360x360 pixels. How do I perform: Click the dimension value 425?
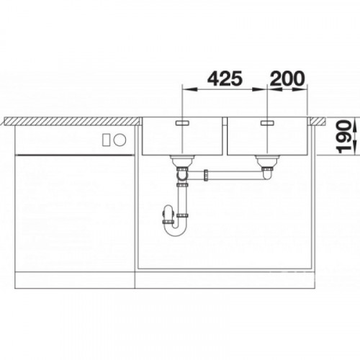[x=225, y=78]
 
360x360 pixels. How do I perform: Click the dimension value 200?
[x=287, y=78]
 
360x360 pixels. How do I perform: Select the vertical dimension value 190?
[x=343, y=136]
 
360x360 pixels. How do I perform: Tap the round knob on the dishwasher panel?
[x=120, y=140]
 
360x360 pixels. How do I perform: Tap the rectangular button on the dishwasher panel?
[x=107, y=140]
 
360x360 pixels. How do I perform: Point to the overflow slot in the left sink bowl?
[x=183, y=123]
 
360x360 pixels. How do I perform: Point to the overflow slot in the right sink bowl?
[x=267, y=123]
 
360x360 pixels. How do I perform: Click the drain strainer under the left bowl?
[x=183, y=161]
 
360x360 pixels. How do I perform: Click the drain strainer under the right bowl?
[x=267, y=161]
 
